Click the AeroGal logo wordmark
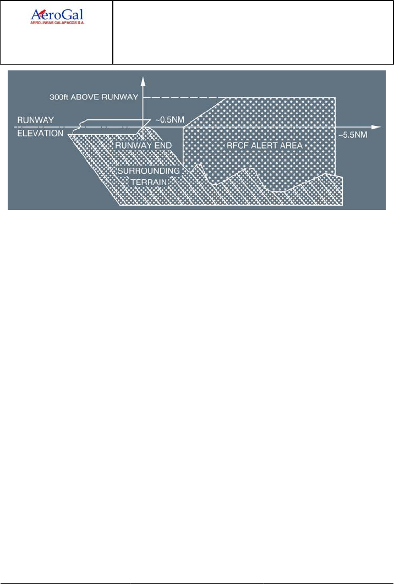[60, 15]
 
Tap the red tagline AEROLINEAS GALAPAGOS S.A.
[60, 24]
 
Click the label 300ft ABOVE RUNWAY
[89, 97]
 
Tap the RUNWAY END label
[143, 146]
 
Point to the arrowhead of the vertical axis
[143, 81]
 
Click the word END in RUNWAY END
[163, 146]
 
